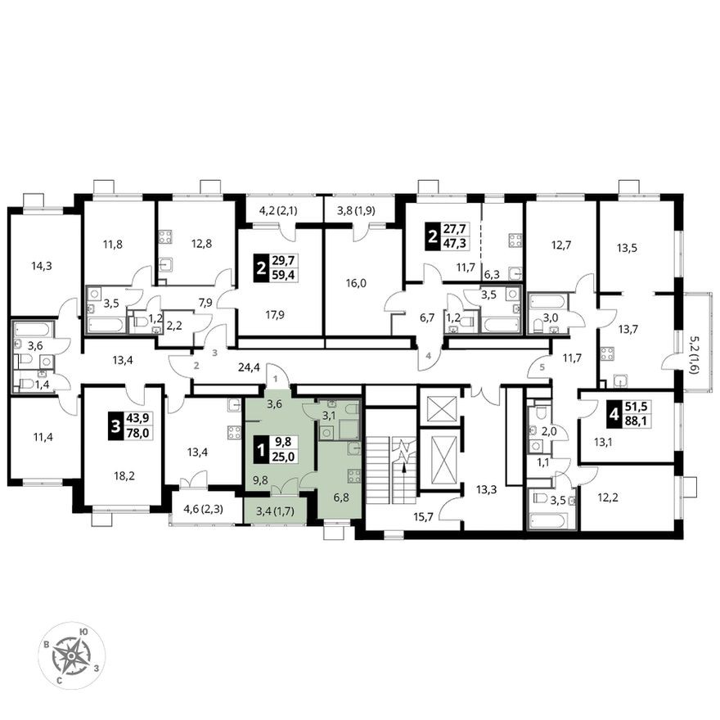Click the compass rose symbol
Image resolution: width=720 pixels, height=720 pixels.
72,655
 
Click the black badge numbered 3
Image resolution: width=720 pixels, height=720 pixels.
113,425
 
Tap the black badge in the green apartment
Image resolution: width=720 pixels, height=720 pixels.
261,449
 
